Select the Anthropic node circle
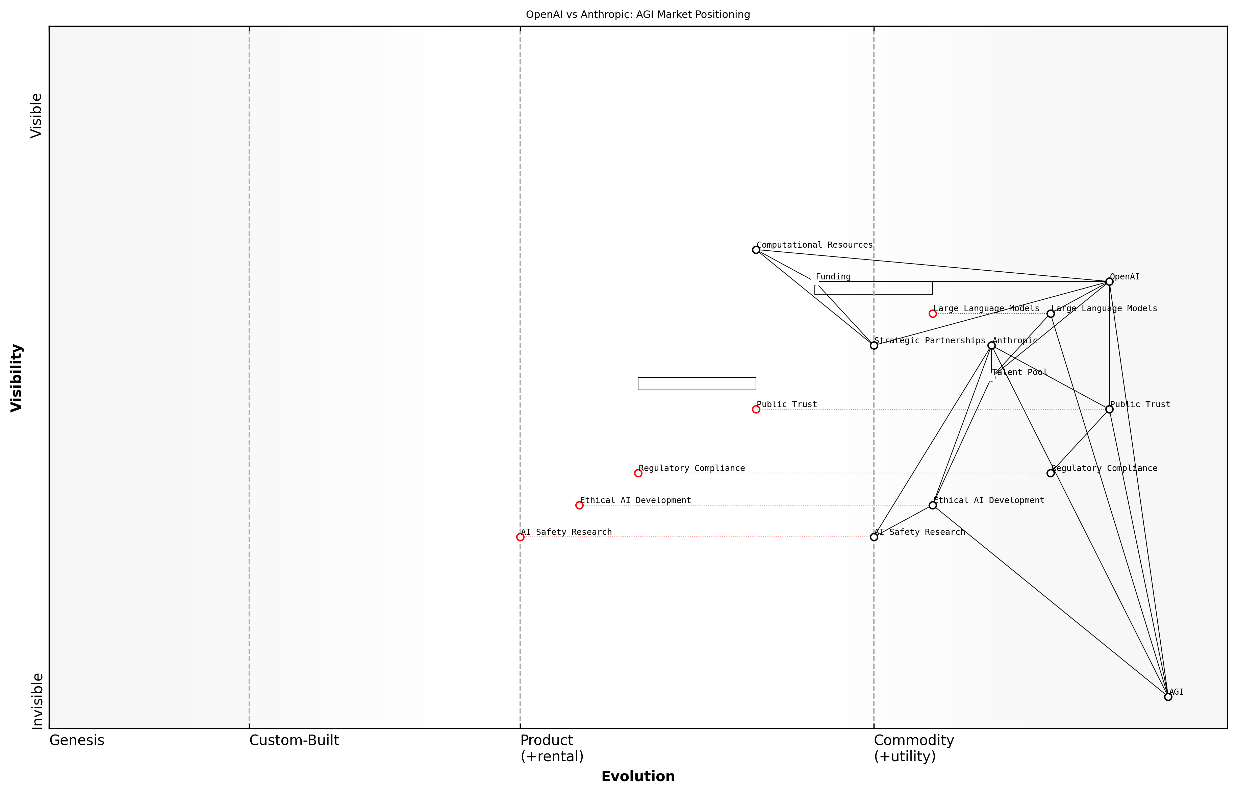(x=991, y=345)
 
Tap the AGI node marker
(x=1168, y=697)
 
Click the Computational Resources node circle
(x=756, y=250)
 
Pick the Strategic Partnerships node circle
(x=874, y=345)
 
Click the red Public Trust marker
(x=756, y=410)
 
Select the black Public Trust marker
(x=1109, y=410)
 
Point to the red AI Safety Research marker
(x=520, y=537)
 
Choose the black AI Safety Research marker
(x=874, y=537)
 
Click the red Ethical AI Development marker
(x=579, y=505)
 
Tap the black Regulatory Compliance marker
(x=1051, y=473)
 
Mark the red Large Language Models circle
(x=932, y=314)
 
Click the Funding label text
(x=833, y=277)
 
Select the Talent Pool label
(x=1019, y=372)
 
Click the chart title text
(x=637, y=15)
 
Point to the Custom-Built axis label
(x=294, y=740)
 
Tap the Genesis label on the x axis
(x=77, y=740)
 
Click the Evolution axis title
(x=637, y=776)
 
